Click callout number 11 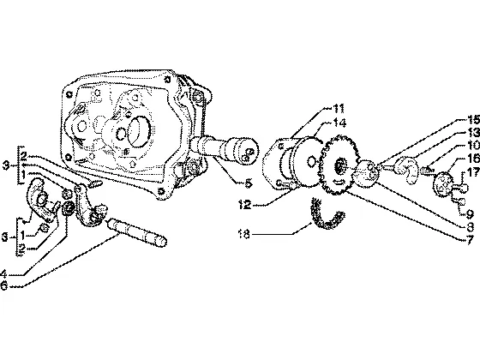tap(339, 108)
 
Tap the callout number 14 tap(339, 123)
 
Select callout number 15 tap(473, 120)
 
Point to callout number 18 tap(244, 235)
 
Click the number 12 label tap(244, 204)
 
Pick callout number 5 tap(249, 183)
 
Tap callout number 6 tap(3, 286)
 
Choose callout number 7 tap(471, 240)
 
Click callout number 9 tap(470, 213)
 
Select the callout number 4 tap(3, 273)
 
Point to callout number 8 tap(471, 227)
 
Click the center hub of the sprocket tap(339, 166)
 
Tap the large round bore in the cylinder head tap(139, 131)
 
